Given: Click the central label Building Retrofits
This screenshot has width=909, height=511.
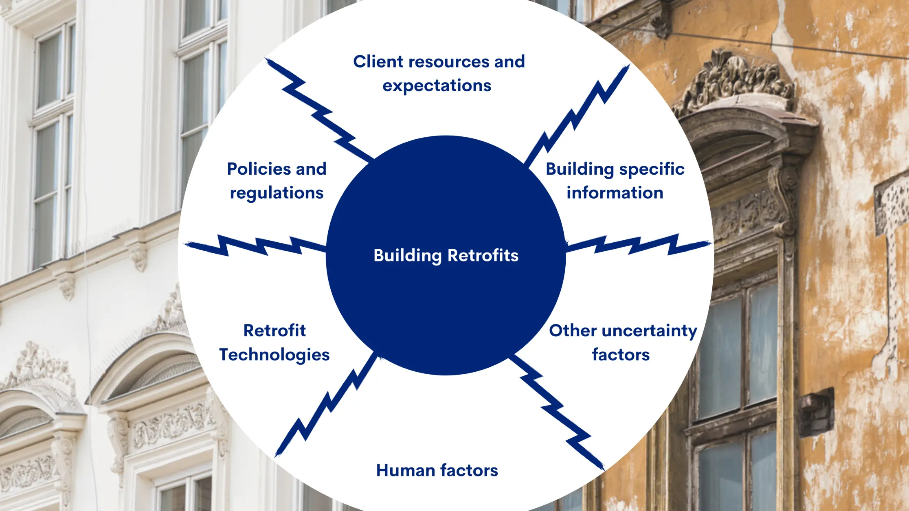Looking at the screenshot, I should point(446,256).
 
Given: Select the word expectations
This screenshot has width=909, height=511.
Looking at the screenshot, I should point(437,86).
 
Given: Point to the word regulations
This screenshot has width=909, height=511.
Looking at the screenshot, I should point(277,193).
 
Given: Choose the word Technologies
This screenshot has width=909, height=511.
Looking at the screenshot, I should point(274,355).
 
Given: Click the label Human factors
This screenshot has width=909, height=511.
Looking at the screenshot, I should point(437,471).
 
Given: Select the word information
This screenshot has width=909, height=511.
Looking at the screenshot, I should point(615,193).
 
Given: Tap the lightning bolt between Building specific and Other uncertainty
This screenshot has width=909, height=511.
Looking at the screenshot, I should point(637,244).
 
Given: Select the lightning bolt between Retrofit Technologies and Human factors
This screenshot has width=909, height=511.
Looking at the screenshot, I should point(326,405).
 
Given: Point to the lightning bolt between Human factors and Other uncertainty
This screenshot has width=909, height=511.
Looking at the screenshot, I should point(556,411).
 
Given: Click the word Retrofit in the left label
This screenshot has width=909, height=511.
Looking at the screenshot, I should point(274,331).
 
